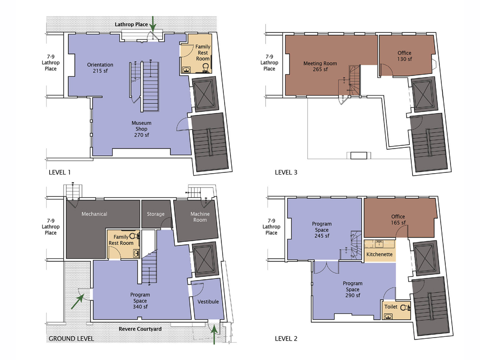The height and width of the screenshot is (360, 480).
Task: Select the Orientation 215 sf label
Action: pyautogui.click(x=100, y=68)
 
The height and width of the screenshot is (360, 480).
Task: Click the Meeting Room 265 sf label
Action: pyautogui.click(x=320, y=66)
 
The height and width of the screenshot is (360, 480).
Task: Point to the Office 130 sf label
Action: pyautogui.click(x=404, y=56)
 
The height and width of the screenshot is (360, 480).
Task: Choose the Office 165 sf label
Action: pyautogui.click(x=398, y=220)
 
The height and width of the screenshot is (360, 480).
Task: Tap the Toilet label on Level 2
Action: pyautogui.click(x=391, y=307)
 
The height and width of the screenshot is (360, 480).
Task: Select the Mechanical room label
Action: pyautogui.click(x=94, y=214)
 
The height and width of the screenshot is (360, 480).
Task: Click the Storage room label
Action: pyautogui.click(x=156, y=214)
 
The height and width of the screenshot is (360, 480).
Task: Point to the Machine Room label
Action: pyautogui.click(x=200, y=217)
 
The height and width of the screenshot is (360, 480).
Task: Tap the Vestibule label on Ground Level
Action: pyautogui.click(x=208, y=302)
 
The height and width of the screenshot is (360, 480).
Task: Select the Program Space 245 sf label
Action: pyautogui.click(x=322, y=230)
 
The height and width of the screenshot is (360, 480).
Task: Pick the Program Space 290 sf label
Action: pyautogui.click(x=352, y=289)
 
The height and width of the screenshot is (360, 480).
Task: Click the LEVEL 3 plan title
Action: pyautogui.click(x=286, y=173)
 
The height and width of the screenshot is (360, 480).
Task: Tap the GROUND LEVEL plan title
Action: pyautogui.click(x=71, y=338)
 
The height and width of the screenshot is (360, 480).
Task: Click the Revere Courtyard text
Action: pyautogui.click(x=140, y=329)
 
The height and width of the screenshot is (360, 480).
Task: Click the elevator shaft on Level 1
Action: pyautogui.click(x=205, y=94)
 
